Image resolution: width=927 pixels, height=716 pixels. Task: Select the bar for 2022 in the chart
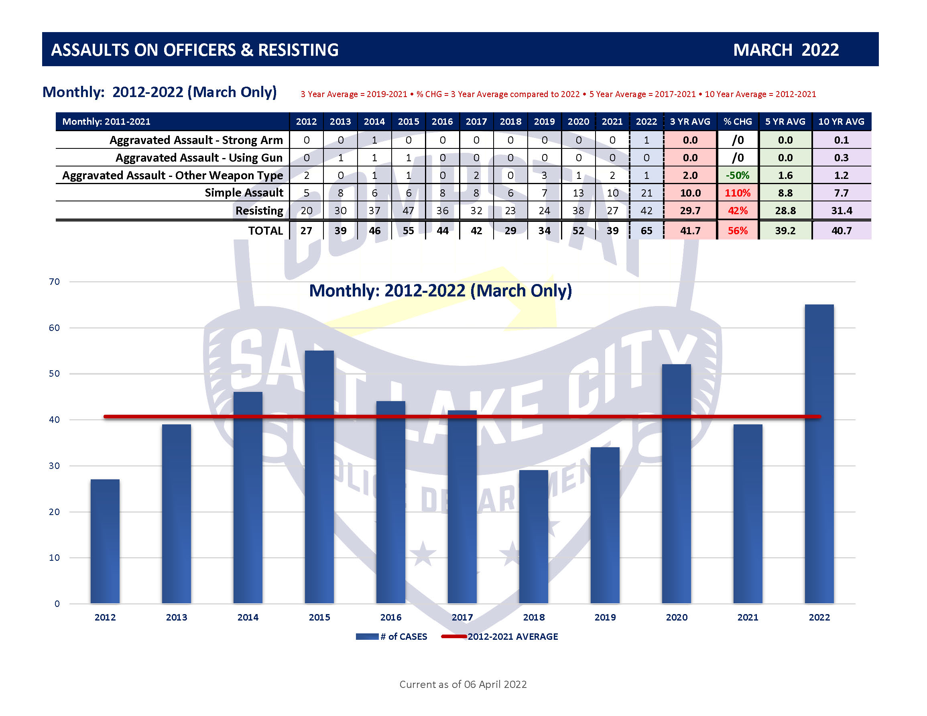819,454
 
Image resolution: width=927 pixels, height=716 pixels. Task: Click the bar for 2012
105,541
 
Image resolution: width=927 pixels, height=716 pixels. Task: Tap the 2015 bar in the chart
319,477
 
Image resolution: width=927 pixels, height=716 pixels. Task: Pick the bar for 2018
534,537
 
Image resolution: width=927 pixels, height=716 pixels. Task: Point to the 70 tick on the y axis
54,282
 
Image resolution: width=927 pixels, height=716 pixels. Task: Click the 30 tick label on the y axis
54,466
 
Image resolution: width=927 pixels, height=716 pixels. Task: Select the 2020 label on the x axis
676,617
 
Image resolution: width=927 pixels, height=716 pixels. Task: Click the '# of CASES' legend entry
392,637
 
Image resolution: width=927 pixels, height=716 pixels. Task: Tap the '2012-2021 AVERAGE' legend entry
500,637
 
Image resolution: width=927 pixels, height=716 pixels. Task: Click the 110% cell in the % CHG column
737,193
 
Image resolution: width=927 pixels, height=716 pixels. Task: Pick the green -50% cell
737,175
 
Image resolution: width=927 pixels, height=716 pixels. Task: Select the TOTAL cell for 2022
646,231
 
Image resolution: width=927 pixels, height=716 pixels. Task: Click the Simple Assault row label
244,193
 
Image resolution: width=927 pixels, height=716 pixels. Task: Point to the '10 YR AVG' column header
841,122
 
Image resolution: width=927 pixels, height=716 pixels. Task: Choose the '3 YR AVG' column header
690,122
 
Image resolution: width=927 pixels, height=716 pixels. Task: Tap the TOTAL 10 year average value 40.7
841,231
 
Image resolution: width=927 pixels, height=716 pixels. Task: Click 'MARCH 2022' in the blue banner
786,50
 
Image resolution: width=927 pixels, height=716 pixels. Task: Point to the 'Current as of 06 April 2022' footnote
463,684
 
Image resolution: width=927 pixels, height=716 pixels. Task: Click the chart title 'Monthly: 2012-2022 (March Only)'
440,291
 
